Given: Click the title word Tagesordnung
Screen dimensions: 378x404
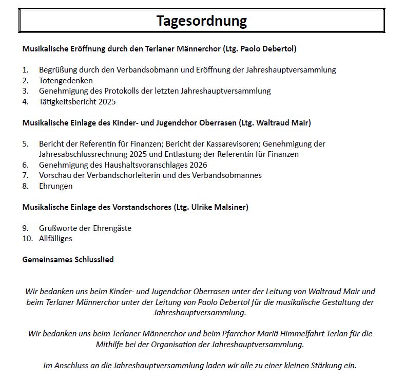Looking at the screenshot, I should point(201,21).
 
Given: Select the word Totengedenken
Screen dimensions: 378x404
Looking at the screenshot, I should point(66,81).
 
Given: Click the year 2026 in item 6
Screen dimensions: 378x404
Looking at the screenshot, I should point(198,165).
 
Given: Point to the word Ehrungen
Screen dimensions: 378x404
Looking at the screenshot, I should point(55,186).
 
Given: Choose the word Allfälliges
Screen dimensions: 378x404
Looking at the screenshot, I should point(55,239).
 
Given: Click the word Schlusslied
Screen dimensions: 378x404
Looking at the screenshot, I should point(94,260).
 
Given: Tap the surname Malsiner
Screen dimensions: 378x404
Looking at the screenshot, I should point(230,207).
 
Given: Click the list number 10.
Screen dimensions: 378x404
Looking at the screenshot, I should point(27,239).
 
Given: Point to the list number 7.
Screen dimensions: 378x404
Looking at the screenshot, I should point(25,175).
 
